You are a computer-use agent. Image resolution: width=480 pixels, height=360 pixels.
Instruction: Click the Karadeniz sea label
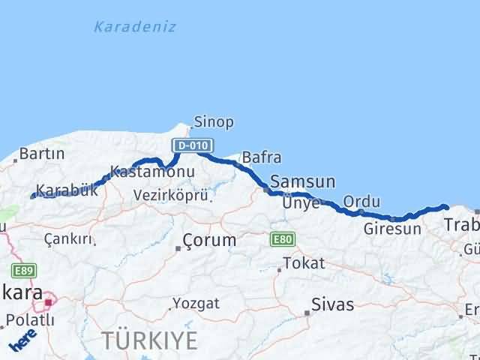click(x=135, y=27)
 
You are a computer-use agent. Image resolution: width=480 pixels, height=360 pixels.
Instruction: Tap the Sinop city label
click(x=214, y=121)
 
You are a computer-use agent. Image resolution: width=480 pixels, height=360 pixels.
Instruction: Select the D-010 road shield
click(x=193, y=145)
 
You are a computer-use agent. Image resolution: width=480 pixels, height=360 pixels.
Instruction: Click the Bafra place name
click(x=262, y=158)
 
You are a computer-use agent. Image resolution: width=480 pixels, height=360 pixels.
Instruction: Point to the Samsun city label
click(x=302, y=181)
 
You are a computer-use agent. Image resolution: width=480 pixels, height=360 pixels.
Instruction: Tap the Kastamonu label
click(x=152, y=172)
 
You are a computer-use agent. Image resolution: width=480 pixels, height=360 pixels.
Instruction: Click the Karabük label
click(x=67, y=190)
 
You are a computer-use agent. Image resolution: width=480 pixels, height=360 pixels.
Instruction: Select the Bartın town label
click(x=42, y=154)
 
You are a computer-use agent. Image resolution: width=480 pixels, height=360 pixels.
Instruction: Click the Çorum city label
click(x=211, y=241)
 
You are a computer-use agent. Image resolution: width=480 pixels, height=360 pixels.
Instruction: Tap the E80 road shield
click(x=282, y=238)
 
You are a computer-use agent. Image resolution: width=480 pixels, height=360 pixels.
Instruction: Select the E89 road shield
click(x=22, y=270)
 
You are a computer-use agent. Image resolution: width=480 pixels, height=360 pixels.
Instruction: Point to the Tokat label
click(x=304, y=263)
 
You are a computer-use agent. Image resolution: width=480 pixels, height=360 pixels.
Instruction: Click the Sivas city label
click(x=333, y=305)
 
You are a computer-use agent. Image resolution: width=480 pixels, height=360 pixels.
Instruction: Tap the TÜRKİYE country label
click(x=151, y=340)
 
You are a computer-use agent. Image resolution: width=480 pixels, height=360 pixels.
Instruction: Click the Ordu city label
click(x=361, y=202)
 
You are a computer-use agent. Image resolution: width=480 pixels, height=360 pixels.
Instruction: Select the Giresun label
click(x=391, y=229)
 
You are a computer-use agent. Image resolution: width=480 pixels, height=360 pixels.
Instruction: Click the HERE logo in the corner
click(x=22, y=344)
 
